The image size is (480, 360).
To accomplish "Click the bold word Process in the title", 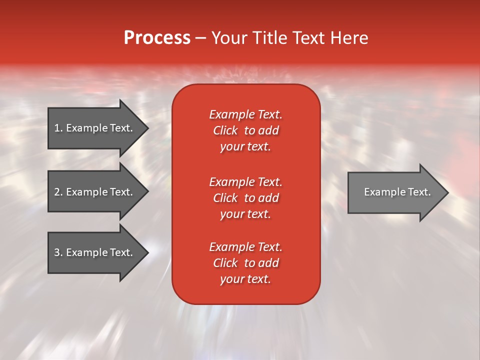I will coord(157,38).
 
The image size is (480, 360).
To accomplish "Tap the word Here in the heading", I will coord(348,38).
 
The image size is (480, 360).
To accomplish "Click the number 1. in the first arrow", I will coord(58,128).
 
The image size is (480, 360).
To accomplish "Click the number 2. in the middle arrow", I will coord(58,192).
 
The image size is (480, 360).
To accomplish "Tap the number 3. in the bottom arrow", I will coord(58,252).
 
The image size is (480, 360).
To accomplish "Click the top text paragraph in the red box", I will coord(245,130).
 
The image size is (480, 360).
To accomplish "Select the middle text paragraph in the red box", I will coord(245,198).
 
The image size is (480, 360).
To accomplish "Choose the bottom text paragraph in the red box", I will coord(245,263).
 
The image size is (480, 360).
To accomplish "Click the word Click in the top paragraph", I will coord(225,130).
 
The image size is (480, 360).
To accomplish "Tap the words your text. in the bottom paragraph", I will coord(245,279).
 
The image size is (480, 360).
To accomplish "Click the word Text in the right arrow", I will coord(419,192).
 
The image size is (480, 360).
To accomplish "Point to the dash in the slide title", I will coord(200,38).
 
